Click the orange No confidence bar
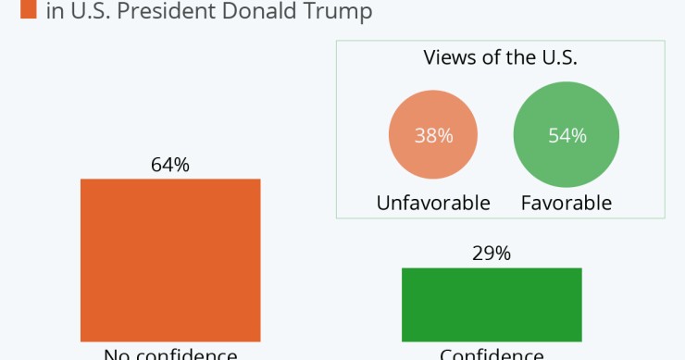tap(170, 259)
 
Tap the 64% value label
tap(170, 165)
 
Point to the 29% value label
tap(492, 254)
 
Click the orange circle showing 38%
tap(433, 136)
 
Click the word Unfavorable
tap(433, 203)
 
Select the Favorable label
tap(566, 203)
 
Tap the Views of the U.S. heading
tap(500, 58)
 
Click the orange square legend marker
tap(27, 10)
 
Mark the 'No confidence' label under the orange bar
tap(170, 354)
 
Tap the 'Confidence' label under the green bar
tap(492, 354)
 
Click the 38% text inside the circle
tap(433, 136)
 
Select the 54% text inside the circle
tap(567, 136)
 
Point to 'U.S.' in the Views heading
tap(557, 58)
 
